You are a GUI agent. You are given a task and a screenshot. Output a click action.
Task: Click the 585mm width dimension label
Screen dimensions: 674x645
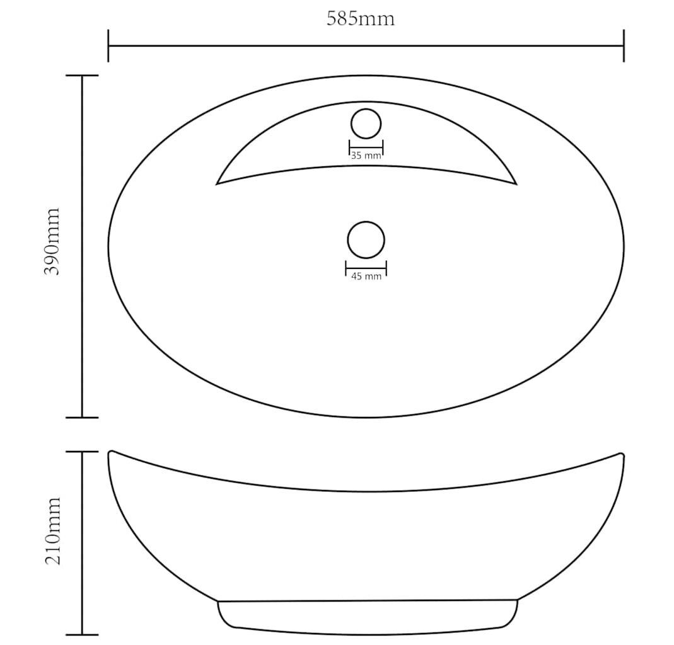pos(360,19)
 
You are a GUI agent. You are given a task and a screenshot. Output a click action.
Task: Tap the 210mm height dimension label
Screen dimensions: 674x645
pos(52,531)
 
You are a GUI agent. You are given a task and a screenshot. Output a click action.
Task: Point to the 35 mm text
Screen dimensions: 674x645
pos(366,156)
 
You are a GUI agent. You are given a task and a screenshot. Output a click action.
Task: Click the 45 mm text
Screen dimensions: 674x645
pos(366,276)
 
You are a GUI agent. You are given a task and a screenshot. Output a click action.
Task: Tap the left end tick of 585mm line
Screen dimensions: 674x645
pos(108,45)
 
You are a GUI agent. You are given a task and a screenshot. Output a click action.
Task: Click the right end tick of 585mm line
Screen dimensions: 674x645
pos(624,45)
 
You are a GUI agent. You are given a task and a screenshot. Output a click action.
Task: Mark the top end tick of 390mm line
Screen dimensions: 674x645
pos(82,76)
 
